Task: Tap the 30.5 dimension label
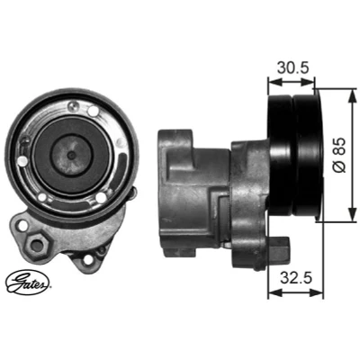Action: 292,67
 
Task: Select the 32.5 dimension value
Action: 296,278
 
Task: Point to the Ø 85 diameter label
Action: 339,156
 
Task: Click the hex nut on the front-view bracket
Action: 37,245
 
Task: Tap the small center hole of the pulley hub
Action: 71,155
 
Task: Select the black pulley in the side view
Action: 295,156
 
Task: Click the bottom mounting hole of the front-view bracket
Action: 86,259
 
